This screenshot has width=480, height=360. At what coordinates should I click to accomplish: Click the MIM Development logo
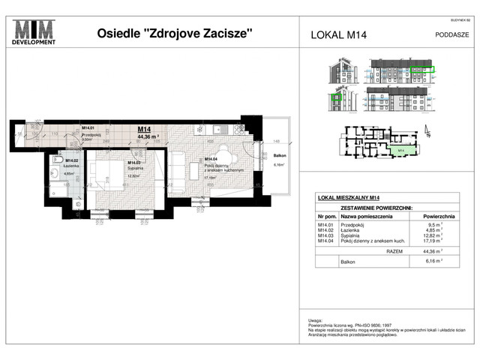click(35, 32)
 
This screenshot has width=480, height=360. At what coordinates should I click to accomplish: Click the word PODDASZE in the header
click(452, 33)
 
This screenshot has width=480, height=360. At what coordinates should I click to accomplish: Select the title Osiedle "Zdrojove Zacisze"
click(175, 33)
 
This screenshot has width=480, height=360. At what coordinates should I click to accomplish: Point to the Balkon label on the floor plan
click(277, 157)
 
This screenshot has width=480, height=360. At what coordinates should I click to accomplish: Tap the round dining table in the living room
click(226, 160)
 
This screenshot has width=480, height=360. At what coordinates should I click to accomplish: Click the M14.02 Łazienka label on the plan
click(72, 163)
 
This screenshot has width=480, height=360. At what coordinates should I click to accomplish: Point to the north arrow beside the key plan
click(428, 133)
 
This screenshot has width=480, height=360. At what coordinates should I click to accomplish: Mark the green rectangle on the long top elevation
click(422, 69)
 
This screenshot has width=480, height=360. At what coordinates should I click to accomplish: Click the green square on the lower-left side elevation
click(337, 97)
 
